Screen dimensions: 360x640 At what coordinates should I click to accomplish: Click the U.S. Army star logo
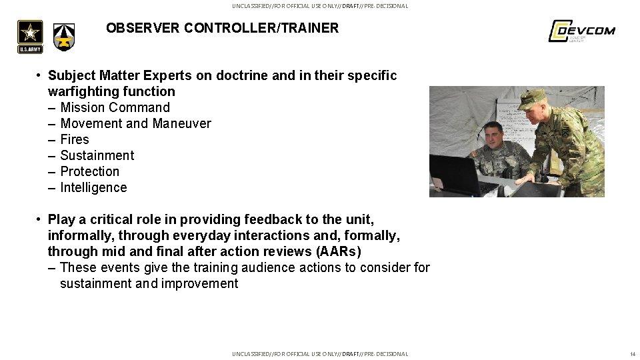pyautogui.click(x=30, y=36)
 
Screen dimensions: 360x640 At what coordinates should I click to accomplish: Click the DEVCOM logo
pyautogui.click(x=581, y=31)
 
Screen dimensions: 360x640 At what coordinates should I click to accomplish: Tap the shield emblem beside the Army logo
pyautogui.click(x=65, y=37)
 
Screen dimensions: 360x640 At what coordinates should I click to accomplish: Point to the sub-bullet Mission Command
pyautogui.click(x=115, y=107)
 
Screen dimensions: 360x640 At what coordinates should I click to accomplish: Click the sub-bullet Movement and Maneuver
pyautogui.click(x=135, y=123)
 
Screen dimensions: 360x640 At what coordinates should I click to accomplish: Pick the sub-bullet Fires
pyautogui.click(x=75, y=139)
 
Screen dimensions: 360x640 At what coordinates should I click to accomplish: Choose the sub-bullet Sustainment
pyautogui.click(x=97, y=155)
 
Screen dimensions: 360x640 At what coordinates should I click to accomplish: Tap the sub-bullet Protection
pyautogui.click(x=89, y=171)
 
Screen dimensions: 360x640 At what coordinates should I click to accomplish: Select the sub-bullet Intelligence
pyautogui.click(x=93, y=187)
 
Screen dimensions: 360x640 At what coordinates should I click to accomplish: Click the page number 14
pyautogui.click(x=633, y=354)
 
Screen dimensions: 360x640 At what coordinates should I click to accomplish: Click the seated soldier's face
pyautogui.click(x=493, y=136)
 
